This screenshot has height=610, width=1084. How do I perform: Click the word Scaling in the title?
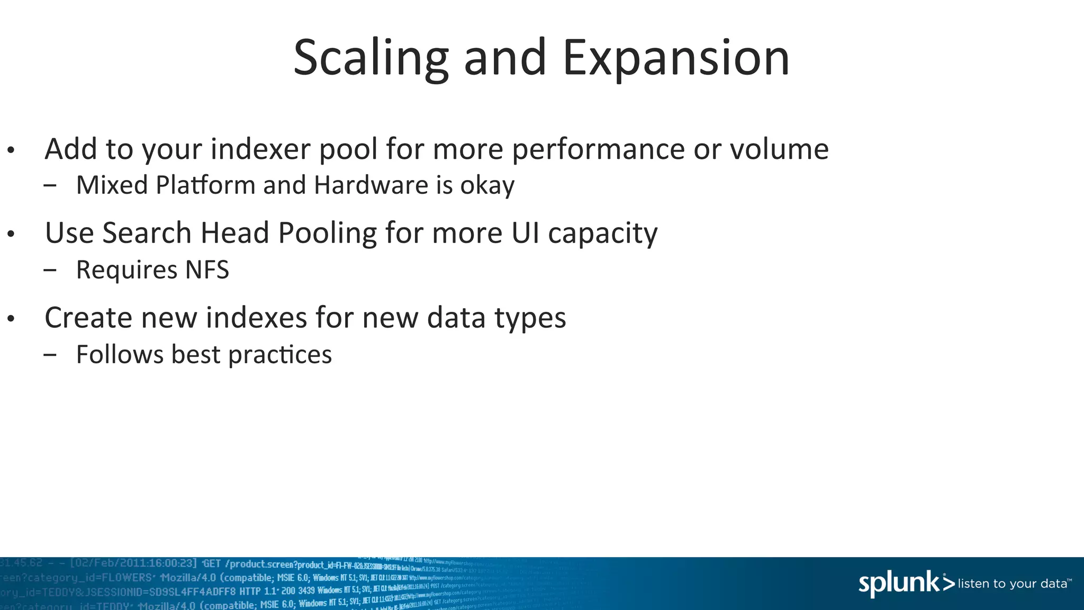371,58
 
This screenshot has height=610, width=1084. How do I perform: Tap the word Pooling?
327,234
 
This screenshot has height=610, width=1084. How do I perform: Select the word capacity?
603,234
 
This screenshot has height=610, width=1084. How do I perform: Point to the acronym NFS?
207,270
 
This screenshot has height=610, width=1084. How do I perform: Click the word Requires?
127,271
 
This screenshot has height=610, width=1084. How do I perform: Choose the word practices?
280,355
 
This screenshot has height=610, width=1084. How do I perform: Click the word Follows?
120,354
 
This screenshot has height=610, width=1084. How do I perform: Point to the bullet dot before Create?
11,319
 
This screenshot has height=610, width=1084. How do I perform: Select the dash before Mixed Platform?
50,185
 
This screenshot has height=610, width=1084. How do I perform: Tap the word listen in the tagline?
973,584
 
